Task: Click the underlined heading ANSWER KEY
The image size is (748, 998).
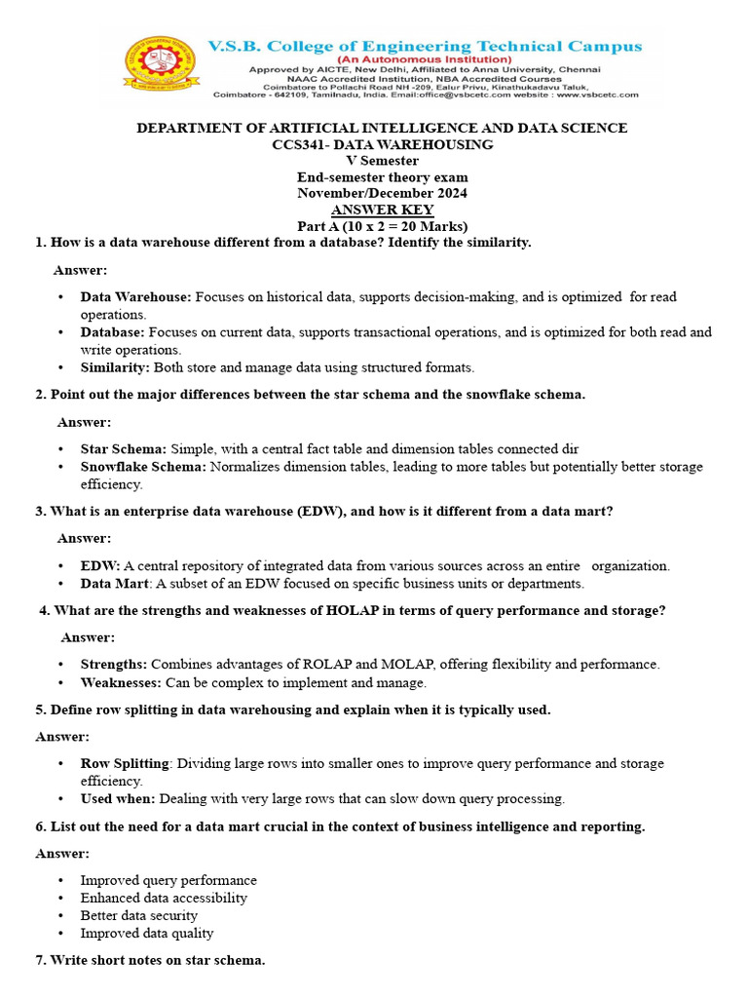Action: (x=382, y=210)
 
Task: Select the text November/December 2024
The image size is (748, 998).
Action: (x=382, y=193)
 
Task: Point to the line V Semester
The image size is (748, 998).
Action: (x=382, y=161)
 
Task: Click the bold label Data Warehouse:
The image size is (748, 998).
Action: (x=136, y=296)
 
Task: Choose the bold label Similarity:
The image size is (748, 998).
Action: (x=116, y=367)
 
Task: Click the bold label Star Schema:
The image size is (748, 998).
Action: (x=124, y=449)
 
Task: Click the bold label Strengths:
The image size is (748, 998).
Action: (x=114, y=665)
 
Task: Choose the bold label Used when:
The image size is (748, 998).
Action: (x=118, y=799)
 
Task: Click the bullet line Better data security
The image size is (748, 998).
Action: (x=139, y=916)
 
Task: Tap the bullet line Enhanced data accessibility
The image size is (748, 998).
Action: (x=164, y=899)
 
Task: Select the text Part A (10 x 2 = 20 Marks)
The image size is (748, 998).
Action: (x=382, y=226)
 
